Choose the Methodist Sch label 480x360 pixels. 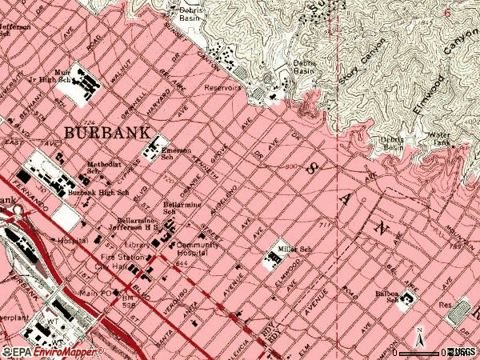pyautogui.click(x=104, y=167)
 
